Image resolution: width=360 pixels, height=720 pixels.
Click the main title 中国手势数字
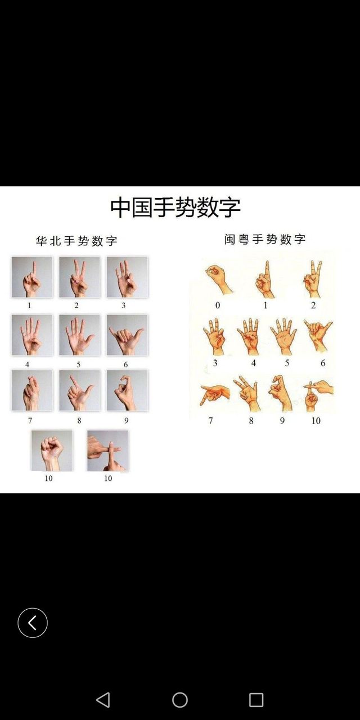coord(175,208)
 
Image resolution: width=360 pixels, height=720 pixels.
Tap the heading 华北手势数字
coord(76,241)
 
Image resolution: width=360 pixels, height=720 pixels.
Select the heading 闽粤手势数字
coord(265,239)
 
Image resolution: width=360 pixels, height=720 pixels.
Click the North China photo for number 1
coord(32,277)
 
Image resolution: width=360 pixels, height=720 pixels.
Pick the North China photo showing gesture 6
coord(127,335)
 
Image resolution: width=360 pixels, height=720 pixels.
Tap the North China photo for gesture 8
coord(79,390)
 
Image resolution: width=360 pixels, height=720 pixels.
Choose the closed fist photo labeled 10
coord(52,451)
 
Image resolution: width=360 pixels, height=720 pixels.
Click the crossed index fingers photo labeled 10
coord(107,451)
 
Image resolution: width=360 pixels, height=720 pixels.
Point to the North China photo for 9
coord(127,390)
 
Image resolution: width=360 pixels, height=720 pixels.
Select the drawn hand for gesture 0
coord(218,278)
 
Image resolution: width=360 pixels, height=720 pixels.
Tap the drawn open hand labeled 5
coord(283,336)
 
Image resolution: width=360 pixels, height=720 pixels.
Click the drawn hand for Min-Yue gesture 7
coord(215,394)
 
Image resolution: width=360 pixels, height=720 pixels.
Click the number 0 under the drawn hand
coord(218,305)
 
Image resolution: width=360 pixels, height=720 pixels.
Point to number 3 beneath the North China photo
coord(123,305)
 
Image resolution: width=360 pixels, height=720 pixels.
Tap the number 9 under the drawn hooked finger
coord(282,421)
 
